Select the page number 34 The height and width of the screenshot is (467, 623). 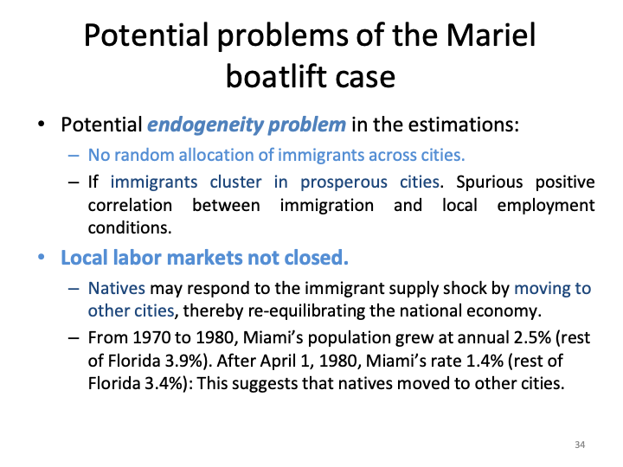pyautogui.click(x=580, y=445)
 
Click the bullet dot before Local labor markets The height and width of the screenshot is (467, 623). pyautogui.click(x=43, y=257)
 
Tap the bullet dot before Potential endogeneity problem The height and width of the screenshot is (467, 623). pyautogui.click(x=43, y=124)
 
